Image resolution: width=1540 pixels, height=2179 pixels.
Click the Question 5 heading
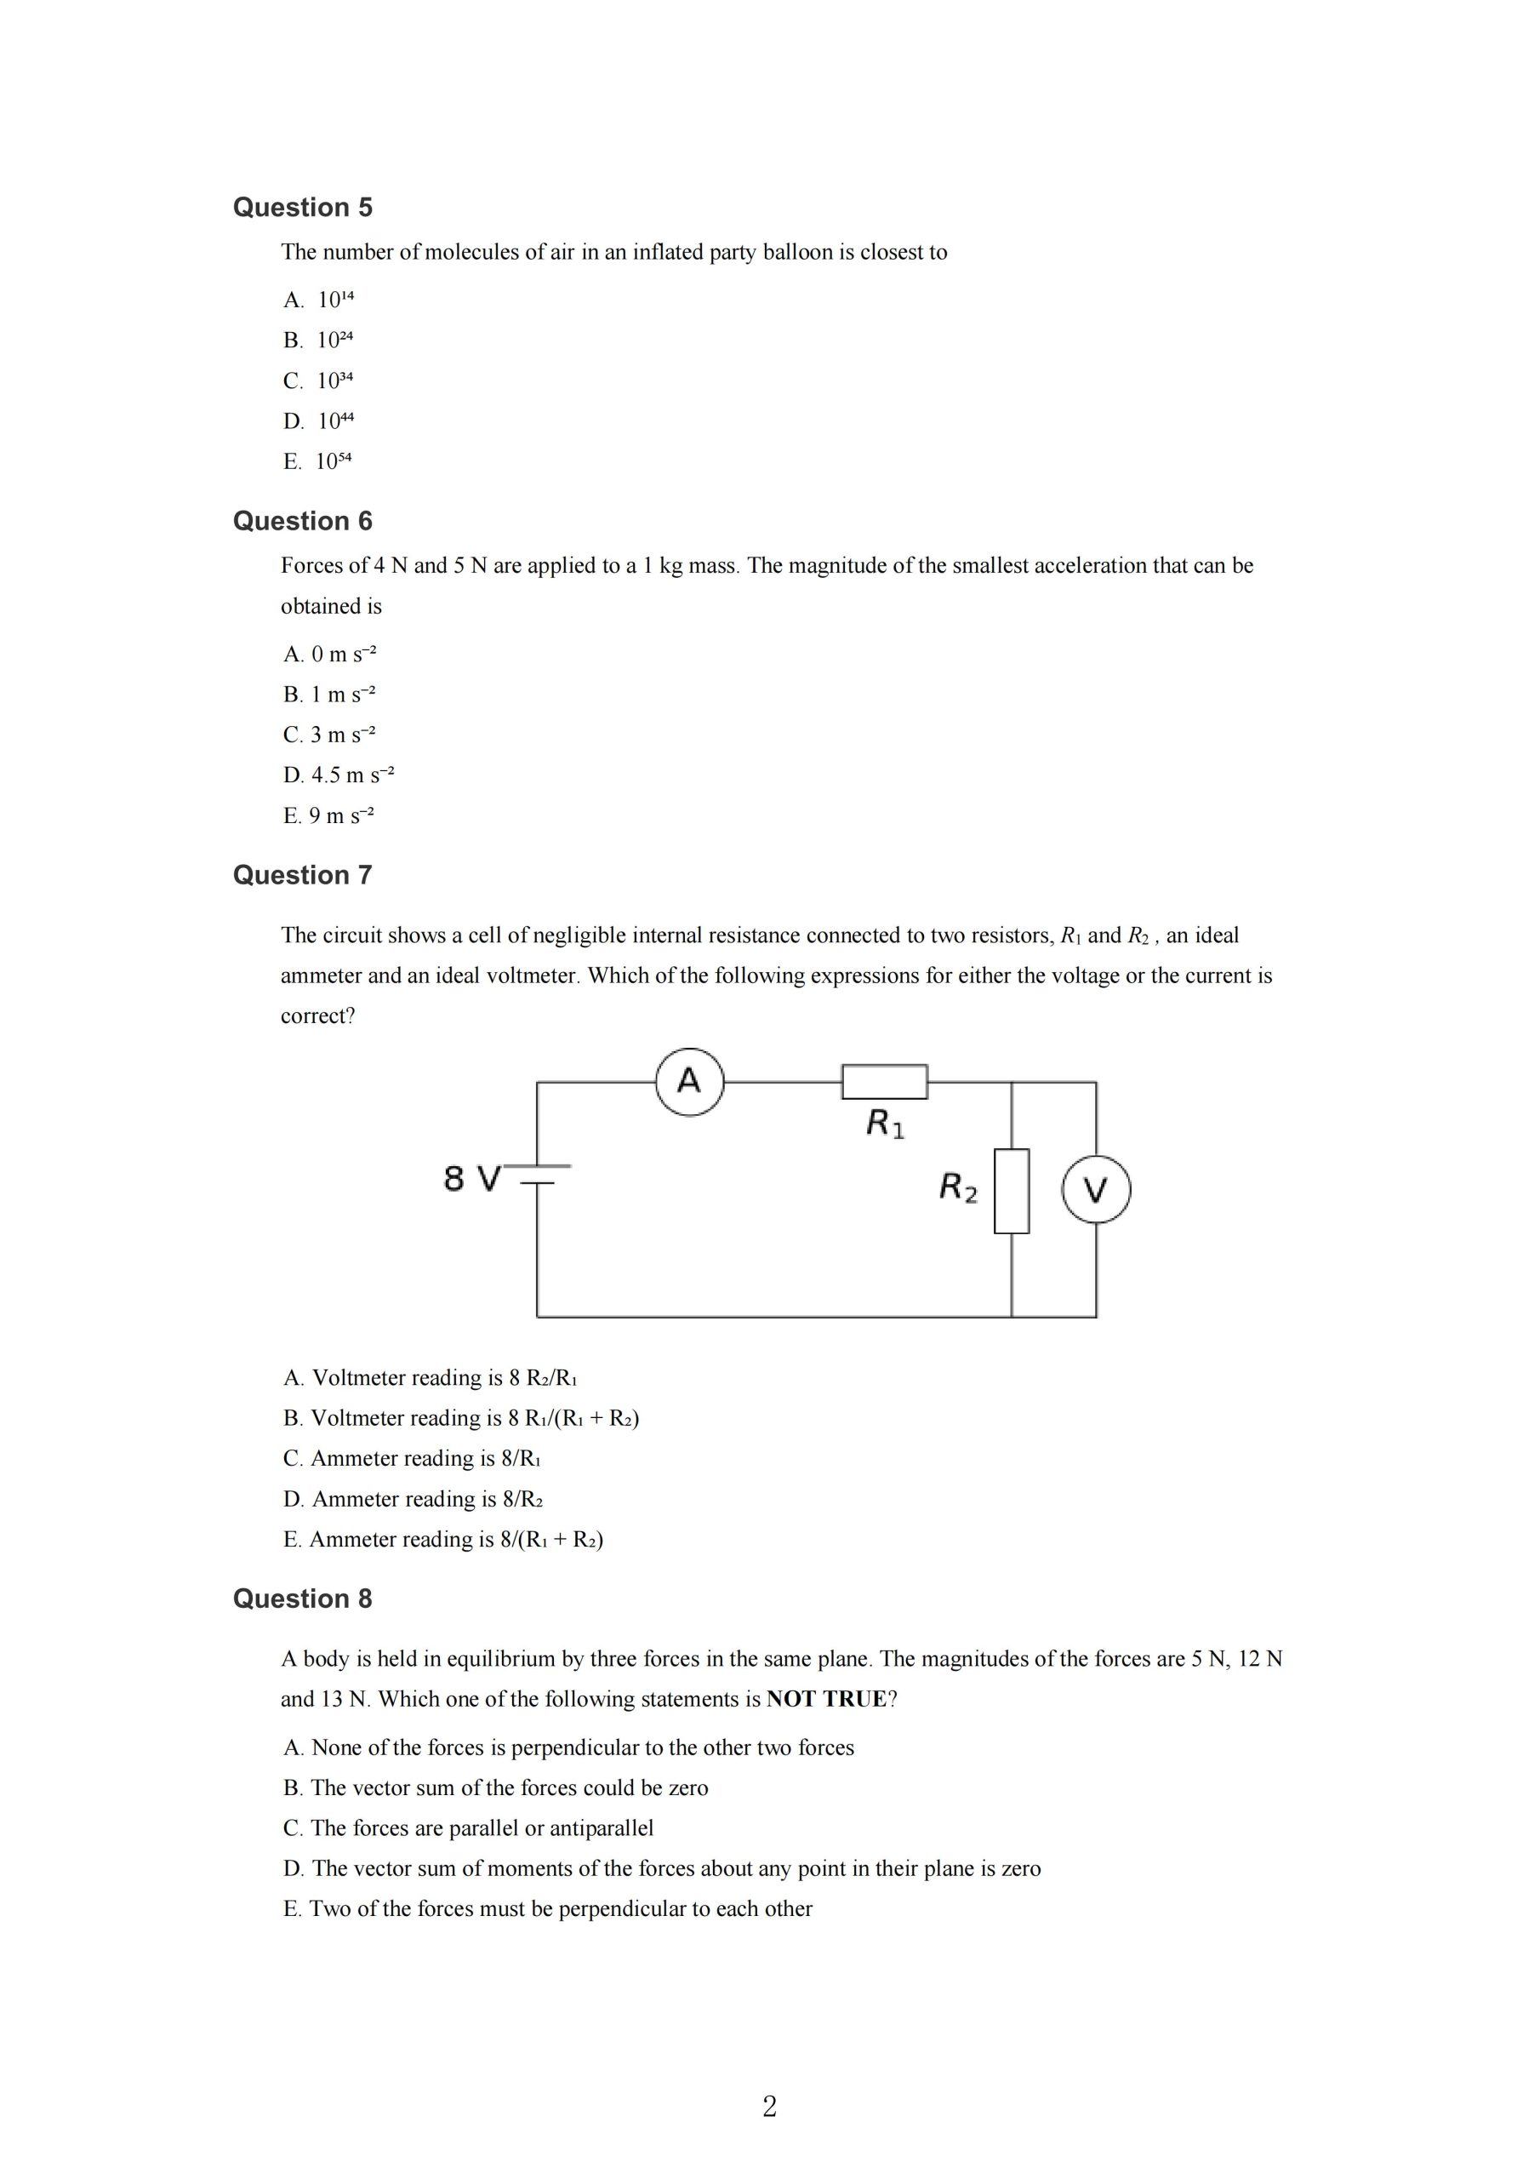tap(303, 207)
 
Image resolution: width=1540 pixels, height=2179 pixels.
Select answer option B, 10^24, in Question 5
tap(318, 340)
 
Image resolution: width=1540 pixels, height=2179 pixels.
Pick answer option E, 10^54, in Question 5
tap(318, 461)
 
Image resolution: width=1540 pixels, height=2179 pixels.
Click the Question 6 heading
tap(303, 521)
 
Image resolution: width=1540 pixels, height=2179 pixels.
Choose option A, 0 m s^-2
tap(329, 654)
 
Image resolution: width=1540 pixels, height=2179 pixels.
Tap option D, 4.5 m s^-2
tap(338, 775)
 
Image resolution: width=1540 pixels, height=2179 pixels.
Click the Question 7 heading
tap(303, 875)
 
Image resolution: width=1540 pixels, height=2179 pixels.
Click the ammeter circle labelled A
tap(690, 1082)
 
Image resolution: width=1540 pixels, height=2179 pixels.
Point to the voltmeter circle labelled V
tap(1096, 1190)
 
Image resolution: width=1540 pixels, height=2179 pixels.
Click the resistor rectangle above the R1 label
tap(884, 1082)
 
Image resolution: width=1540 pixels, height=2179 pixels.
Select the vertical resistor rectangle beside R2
tap(1012, 1191)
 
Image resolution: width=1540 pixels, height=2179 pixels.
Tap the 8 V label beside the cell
tap(471, 1180)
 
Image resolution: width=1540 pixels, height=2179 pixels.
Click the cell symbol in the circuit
tap(538, 1175)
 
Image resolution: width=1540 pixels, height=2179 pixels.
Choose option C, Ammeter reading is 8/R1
tap(412, 1459)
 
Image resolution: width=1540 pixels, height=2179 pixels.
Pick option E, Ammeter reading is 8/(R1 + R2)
tap(443, 1540)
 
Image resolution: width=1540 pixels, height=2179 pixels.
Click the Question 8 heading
tap(303, 1599)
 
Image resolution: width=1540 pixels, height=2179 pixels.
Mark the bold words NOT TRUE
tap(825, 1699)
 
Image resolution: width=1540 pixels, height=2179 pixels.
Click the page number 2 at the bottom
tap(769, 2107)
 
